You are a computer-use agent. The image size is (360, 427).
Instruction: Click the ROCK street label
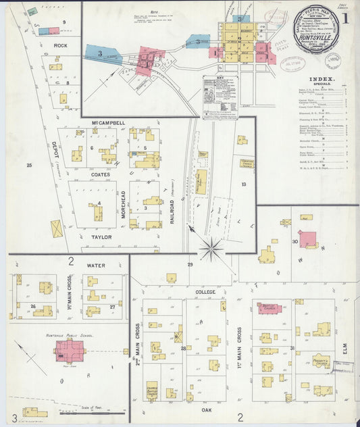tap(60, 45)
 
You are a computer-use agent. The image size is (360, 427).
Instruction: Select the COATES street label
tap(101, 174)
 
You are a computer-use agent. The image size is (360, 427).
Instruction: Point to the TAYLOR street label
tap(101, 237)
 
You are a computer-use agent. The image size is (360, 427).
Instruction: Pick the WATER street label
tap(96, 266)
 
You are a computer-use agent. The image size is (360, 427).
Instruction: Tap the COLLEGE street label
tap(205, 292)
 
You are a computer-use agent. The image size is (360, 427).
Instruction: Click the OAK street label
tap(207, 409)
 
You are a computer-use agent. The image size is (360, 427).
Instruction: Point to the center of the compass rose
tap(212, 249)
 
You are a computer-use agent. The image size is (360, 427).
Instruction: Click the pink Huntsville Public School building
tap(70, 351)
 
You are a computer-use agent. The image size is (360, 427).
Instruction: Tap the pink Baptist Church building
tap(269, 308)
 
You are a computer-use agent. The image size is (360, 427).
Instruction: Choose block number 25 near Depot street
tap(29, 165)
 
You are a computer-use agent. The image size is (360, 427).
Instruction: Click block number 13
tap(243, 184)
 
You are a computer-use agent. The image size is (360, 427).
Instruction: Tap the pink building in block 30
tap(308, 238)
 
